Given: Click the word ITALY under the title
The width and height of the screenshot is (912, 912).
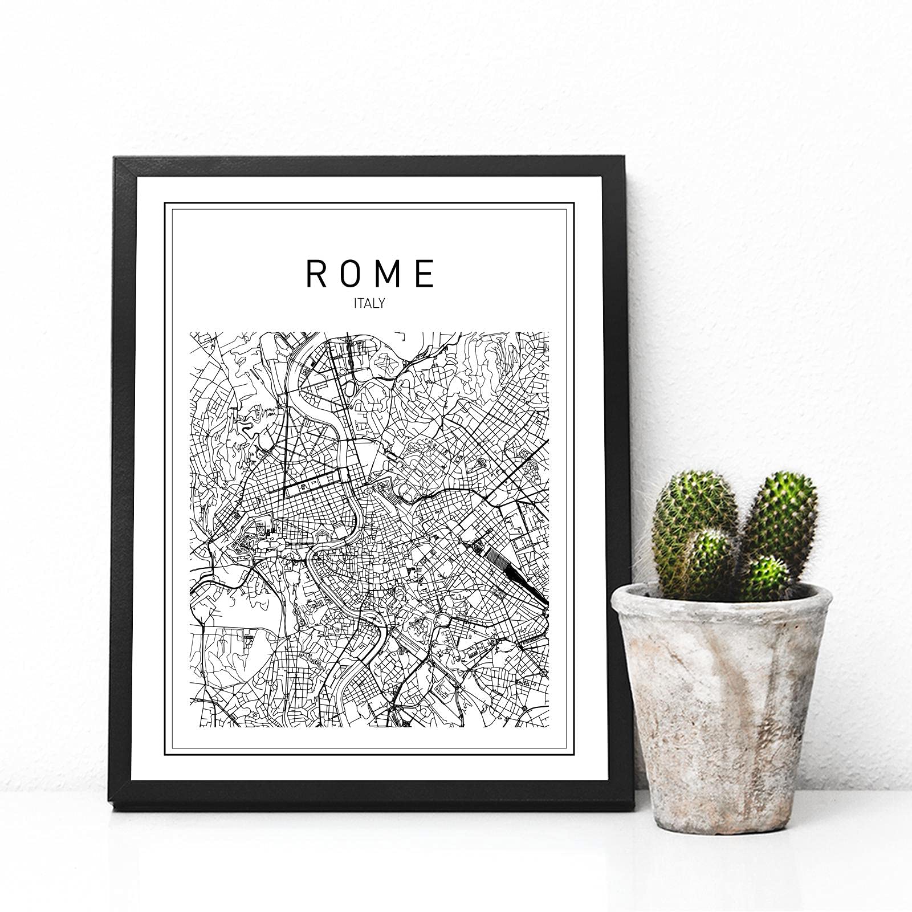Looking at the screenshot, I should tap(369, 303).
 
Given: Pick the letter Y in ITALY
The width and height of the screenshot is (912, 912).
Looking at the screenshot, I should tap(381, 303).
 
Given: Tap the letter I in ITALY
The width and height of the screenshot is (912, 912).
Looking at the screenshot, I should tap(356, 303).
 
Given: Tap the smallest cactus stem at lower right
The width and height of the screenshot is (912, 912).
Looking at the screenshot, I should tap(767, 579).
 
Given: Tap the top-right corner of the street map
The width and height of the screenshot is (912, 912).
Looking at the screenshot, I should tap(548, 333).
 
